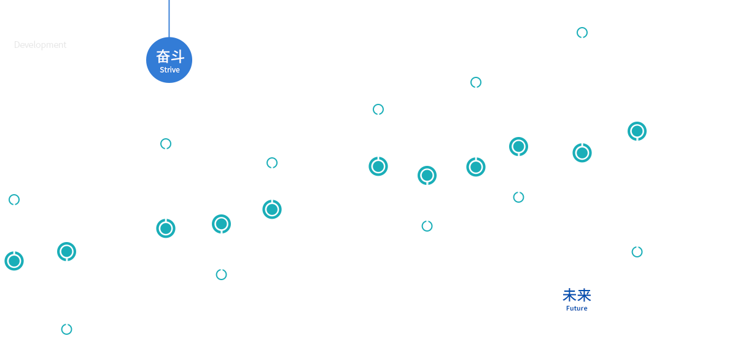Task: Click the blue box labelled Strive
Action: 169,60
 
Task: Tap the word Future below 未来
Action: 577,308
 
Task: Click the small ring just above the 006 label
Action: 66,329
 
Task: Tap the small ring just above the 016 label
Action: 518,197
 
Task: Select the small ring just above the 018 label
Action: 637,252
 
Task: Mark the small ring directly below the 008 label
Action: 166,144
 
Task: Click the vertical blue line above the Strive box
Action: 169,17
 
